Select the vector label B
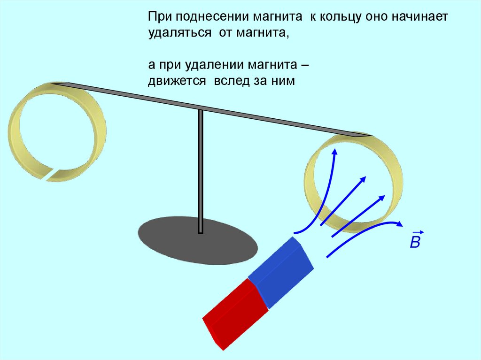(415, 241)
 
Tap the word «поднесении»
(208, 16)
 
